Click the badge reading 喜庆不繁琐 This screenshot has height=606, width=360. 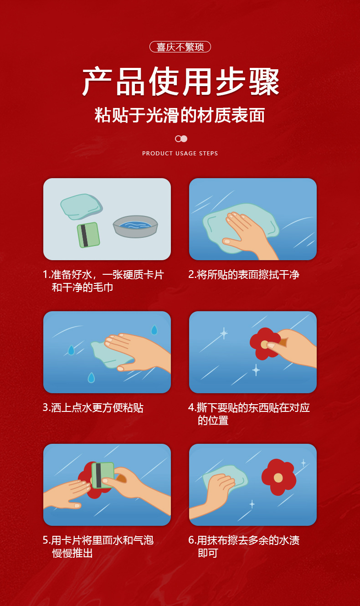(180, 47)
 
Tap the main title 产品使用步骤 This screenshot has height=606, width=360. (180, 82)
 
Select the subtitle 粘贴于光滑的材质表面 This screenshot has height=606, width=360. (180, 115)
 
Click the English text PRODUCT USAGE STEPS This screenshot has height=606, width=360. (180, 154)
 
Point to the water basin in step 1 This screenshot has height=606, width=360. (135, 226)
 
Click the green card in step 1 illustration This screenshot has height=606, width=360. (88, 235)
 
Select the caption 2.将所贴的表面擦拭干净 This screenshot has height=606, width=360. (244, 275)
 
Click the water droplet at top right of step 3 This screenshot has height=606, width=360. (154, 330)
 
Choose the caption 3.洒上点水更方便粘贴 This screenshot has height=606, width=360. (93, 408)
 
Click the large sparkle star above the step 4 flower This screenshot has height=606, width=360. (224, 333)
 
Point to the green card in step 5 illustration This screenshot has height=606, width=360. (103, 475)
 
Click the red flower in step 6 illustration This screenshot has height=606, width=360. (278, 477)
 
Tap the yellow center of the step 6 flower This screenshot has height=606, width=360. (278, 478)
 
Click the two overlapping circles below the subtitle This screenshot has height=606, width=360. (181, 139)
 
